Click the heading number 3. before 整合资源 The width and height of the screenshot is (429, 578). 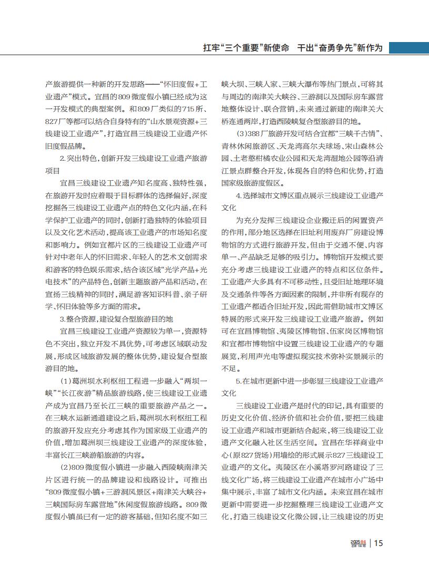(x=63, y=319)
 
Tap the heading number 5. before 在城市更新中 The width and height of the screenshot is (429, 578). (x=239, y=380)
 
